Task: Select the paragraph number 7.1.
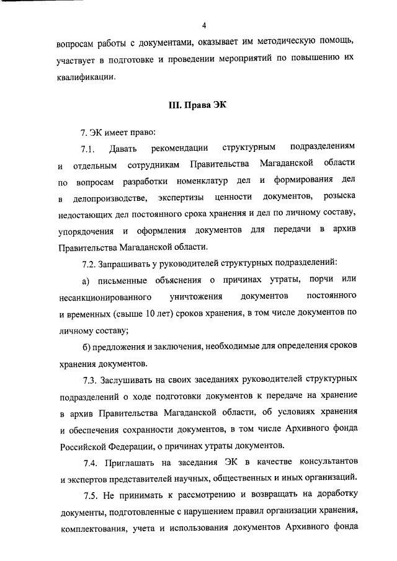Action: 86,148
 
